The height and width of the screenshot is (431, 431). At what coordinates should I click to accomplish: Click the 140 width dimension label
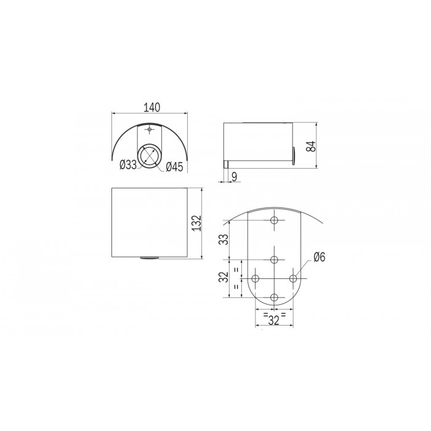tap(150, 107)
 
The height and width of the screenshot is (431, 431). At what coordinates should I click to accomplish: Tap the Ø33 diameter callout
tap(128, 164)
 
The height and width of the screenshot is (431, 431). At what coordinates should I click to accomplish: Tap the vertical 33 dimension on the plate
tap(225, 238)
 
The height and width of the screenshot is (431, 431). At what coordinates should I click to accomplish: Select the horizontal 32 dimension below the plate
tap(274, 320)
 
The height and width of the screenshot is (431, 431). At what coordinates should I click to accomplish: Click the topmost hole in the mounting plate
tap(275, 220)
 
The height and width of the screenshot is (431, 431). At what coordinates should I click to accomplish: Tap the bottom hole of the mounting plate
tap(275, 297)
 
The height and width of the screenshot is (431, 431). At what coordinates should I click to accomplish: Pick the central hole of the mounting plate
tap(275, 259)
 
